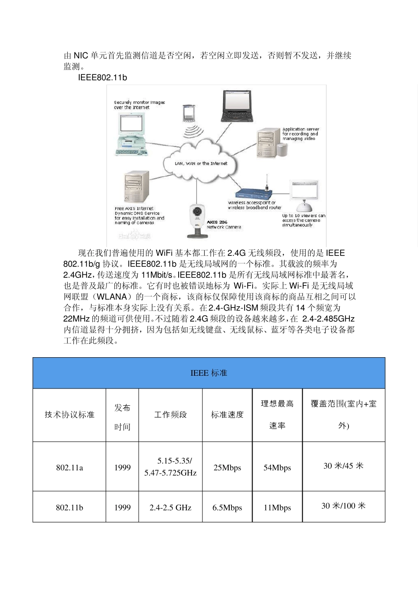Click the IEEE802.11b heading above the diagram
tap(103, 78)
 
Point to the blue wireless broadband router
tap(254, 192)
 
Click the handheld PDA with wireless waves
tap(189, 114)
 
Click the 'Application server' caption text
tap(301, 134)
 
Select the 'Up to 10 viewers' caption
tap(303, 220)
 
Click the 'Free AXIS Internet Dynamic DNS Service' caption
tap(139, 215)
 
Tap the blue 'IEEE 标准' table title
tap(209, 373)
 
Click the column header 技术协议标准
tap(70, 414)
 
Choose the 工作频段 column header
tap(170, 414)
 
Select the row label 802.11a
tap(70, 467)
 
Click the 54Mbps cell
tap(277, 467)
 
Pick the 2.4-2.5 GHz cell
tap(170, 507)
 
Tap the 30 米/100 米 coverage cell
tap(343, 506)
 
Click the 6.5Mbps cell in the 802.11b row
tap(227, 507)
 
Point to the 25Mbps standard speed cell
tap(227, 467)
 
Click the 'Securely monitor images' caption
tap(139, 104)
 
